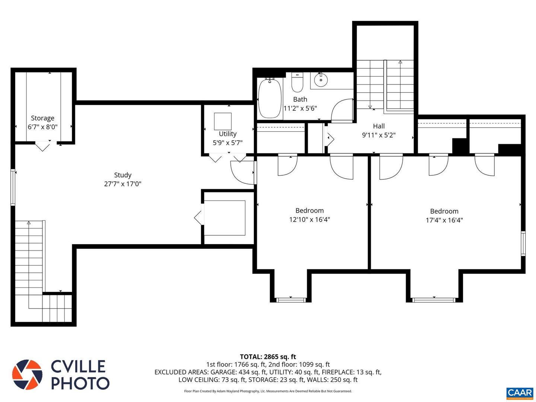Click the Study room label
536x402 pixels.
tap(122, 175)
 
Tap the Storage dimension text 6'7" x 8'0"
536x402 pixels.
tap(42, 127)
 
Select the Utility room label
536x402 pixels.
tap(227, 134)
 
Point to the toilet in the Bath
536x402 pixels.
tap(297, 83)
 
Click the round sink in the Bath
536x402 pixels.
tap(320, 79)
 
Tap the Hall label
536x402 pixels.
tap(379, 126)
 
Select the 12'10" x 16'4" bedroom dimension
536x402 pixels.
tap(309, 220)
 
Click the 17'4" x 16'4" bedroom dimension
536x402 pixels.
tap(444, 220)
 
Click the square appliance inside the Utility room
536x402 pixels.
tap(223, 121)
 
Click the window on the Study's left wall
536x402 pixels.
tap(13, 187)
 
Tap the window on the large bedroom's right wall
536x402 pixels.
tap(523, 243)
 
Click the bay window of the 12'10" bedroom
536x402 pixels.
tap(290, 300)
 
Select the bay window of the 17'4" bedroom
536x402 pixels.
tap(434, 300)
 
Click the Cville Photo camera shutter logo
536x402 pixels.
tap(27, 375)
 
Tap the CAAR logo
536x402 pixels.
tap(520, 393)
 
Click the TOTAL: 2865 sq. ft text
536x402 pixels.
tap(268, 357)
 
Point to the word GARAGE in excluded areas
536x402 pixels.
tap(223, 372)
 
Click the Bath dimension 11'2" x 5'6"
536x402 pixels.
tap(300, 109)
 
